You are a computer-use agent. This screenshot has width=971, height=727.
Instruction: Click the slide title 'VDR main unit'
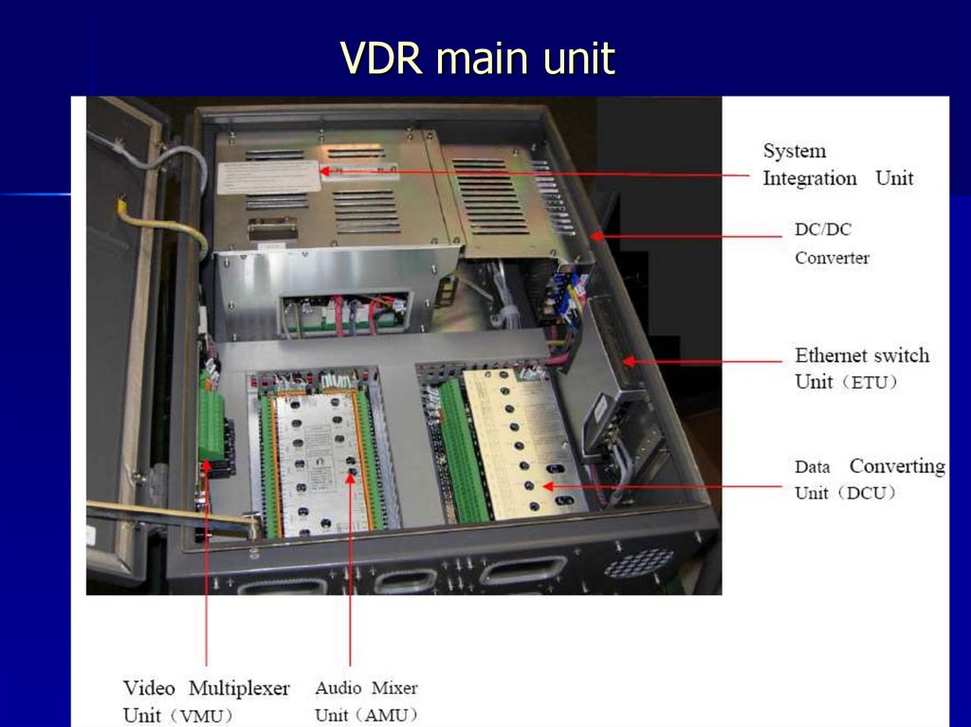(478, 59)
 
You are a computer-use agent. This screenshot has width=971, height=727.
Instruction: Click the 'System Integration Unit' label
(837, 164)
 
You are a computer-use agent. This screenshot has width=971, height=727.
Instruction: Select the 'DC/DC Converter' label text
(832, 244)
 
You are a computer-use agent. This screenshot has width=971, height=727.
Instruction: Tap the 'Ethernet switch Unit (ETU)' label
(861, 368)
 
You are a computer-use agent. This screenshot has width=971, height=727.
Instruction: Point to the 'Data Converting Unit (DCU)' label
(869, 479)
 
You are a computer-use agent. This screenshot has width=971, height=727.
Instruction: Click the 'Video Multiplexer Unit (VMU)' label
(206, 700)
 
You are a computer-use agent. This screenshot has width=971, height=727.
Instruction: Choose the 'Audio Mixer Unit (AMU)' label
(366, 700)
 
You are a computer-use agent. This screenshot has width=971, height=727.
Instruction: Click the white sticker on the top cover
(267, 176)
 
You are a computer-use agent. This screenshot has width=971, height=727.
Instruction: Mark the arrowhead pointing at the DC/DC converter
(595, 234)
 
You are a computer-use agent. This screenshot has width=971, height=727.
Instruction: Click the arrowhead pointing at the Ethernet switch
(627, 361)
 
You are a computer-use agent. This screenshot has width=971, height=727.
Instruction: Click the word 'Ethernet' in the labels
(832, 356)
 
